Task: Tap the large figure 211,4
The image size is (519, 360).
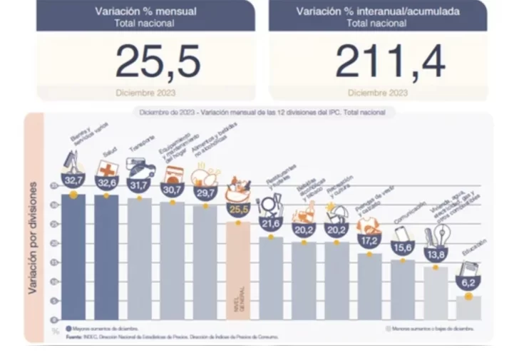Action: (x=390, y=62)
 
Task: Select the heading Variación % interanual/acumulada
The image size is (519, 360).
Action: (x=378, y=11)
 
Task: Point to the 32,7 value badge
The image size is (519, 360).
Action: (x=73, y=181)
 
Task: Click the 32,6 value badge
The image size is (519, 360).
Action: (x=107, y=182)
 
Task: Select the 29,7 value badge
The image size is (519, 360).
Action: (x=205, y=193)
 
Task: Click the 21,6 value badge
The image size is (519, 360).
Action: (x=270, y=224)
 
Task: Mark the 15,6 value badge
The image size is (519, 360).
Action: (x=402, y=247)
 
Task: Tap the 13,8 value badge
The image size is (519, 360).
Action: (x=435, y=254)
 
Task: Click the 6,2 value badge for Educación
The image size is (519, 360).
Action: (x=468, y=283)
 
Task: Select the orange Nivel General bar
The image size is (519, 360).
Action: (x=238, y=271)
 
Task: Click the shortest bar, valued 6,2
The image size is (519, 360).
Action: (x=468, y=308)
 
